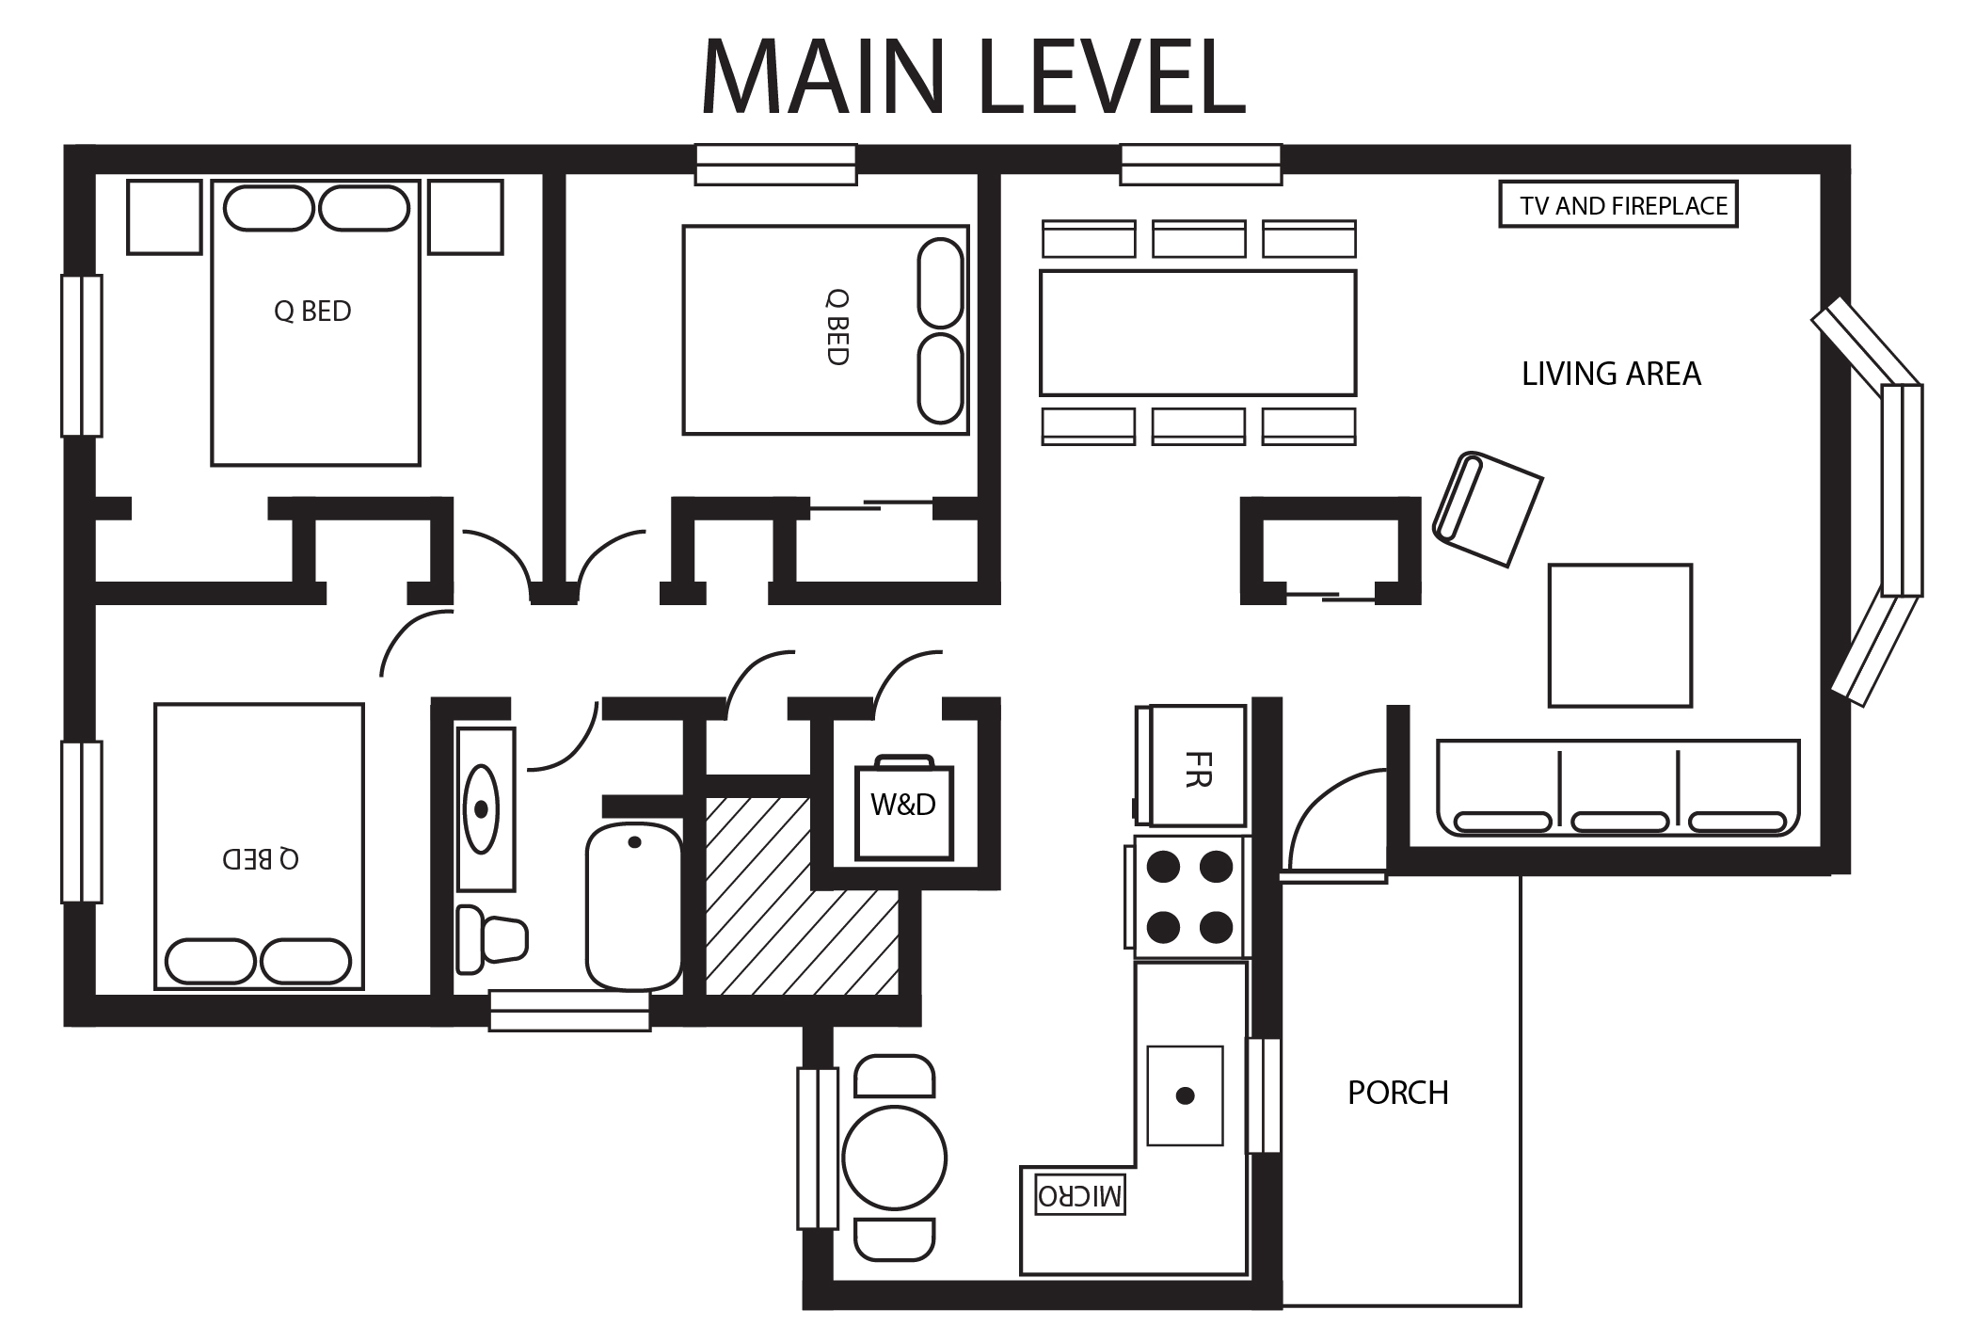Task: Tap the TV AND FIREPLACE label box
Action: tap(1617, 205)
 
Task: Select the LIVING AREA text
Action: tap(1611, 374)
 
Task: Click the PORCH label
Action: tap(1398, 1093)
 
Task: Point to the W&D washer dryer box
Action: tap(903, 809)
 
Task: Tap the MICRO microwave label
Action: tap(1079, 1195)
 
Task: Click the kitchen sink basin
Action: tap(1185, 1095)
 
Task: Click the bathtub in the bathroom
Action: tap(634, 906)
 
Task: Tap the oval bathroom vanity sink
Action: tap(482, 809)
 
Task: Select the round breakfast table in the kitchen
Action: tap(894, 1158)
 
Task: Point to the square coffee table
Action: tap(1620, 635)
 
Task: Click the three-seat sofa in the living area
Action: tap(1618, 788)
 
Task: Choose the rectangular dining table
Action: tap(1198, 333)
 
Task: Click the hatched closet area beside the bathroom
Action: tap(800, 897)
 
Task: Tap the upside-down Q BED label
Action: tap(261, 858)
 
